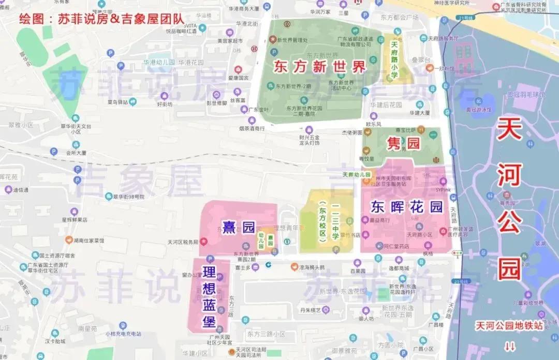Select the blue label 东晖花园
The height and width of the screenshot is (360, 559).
407,207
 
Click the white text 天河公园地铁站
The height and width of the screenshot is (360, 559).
510,326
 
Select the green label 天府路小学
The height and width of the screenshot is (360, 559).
394,61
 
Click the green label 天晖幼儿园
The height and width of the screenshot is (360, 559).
357,175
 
